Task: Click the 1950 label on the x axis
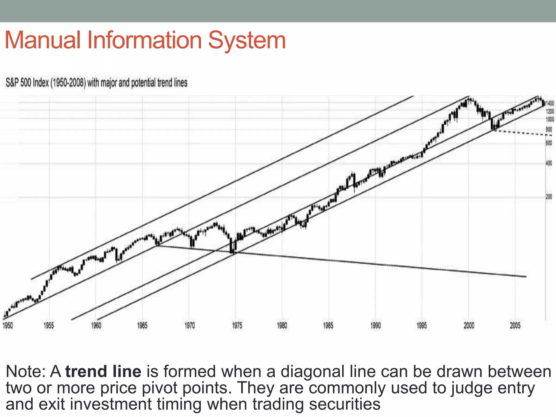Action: [x=8, y=325]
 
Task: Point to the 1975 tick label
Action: [x=237, y=325]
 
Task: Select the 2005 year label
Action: [x=515, y=325]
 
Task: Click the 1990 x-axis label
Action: [x=375, y=325]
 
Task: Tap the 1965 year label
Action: [x=142, y=325]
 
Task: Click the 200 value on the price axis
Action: [x=549, y=197]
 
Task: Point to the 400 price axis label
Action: [x=549, y=163]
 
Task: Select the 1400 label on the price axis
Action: [x=550, y=103]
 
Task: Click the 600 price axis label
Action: [x=549, y=143]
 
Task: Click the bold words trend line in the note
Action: [x=103, y=371]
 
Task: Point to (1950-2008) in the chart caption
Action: [x=68, y=83]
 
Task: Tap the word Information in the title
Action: [x=144, y=40]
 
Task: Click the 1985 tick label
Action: [x=328, y=325]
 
